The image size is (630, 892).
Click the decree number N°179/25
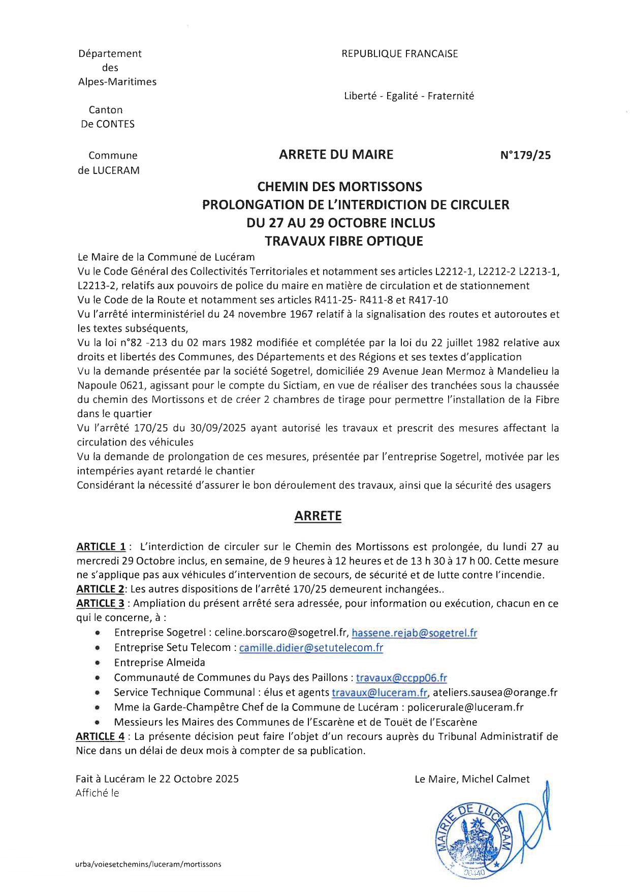click(x=525, y=156)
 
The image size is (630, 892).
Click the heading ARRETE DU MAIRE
click(x=336, y=155)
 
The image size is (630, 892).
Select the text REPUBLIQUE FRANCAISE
click(x=399, y=54)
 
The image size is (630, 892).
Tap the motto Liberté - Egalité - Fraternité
click(x=408, y=96)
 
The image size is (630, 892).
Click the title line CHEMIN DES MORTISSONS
click(x=339, y=187)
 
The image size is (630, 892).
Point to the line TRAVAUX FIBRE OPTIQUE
click(x=344, y=241)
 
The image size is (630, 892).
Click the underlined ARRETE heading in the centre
click(x=318, y=516)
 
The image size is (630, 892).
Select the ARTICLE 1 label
click(x=101, y=547)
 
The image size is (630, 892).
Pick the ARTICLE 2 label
click(x=101, y=589)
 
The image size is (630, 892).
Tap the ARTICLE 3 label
click(x=101, y=603)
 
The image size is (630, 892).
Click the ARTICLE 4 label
click(x=100, y=736)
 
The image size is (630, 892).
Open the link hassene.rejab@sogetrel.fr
click(x=415, y=633)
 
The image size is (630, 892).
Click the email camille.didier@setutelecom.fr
click(x=311, y=648)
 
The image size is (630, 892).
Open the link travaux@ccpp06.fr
click(x=401, y=678)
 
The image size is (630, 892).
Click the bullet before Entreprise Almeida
click(x=97, y=663)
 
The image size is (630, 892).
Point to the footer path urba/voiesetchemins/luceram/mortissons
click(x=149, y=864)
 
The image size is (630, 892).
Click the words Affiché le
click(x=97, y=793)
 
